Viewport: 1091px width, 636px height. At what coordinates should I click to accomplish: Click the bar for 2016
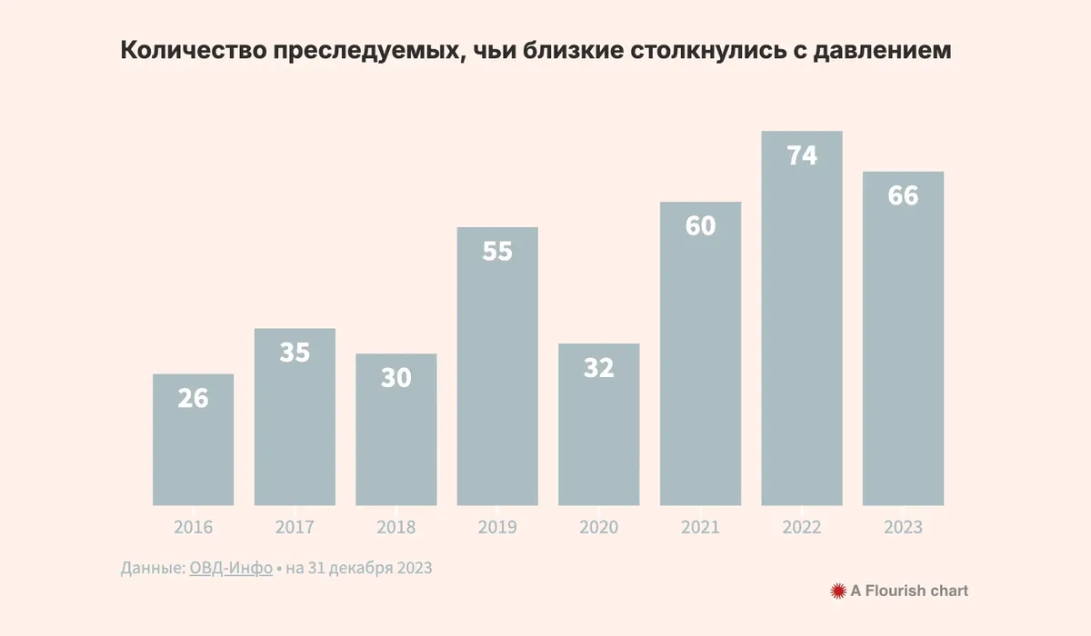click(x=193, y=440)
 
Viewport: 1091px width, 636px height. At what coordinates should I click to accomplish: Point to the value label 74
click(x=802, y=155)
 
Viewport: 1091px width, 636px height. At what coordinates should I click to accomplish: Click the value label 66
click(x=903, y=195)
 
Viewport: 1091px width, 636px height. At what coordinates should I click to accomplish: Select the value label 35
click(x=295, y=353)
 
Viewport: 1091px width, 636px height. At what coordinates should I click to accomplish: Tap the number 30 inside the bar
click(x=396, y=378)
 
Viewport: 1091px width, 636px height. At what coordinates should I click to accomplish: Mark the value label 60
click(x=700, y=225)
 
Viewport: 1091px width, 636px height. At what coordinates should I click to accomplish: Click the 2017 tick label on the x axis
click(x=295, y=528)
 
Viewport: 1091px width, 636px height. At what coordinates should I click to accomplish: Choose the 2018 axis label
click(x=396, y=528)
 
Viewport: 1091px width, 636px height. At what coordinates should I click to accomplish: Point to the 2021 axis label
click(x=700, y=528)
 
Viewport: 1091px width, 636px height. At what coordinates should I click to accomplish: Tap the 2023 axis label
click(x=903, y=528)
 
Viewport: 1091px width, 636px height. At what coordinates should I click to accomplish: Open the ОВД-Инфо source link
click(x=231, y=569)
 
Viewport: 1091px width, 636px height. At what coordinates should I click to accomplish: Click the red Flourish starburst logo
click(x=838, y=591)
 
